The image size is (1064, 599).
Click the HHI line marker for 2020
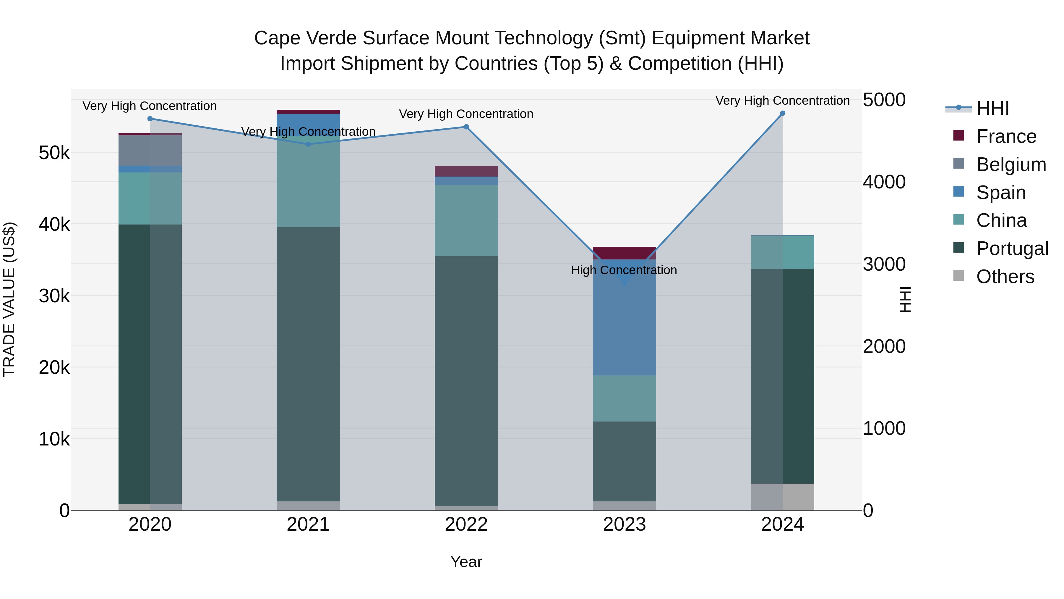pyautogui.click(x=150, y=119)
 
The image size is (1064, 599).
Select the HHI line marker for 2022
pyautogui.click(x=466, y=127)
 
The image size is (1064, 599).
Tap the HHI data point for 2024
pyautogui.click(x=782, y=113)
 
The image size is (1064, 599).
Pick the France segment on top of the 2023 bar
pyautogui.click(x=624, y=253)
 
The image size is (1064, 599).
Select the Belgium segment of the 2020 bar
pyautogui.click(x=150, y=151)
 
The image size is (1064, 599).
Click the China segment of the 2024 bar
pyautogui.click(x=782, y=252)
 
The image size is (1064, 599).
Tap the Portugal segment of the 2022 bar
pyautogui.click(x=466, y=380)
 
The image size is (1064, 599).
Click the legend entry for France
pyautogui.click(x=1006, y=136)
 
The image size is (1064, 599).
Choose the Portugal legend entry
pyautogui.click(x=1012, y=248)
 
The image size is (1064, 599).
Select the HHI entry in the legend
pyautogui.click(x=992, y=108)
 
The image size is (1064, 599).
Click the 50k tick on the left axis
pyautogui.click(x=54, y=153)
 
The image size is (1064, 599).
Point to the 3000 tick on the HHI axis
pyautogui.click(x=884, y=264)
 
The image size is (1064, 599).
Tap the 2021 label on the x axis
pyautogui.click(x=308, y=524)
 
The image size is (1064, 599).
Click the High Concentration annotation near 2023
pyautogui.click(x=624, y=270)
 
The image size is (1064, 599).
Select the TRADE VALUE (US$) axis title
pyautogui.click(x=9, y=299)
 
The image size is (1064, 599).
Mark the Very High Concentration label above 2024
pyautogui.click(x=782, y=101)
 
